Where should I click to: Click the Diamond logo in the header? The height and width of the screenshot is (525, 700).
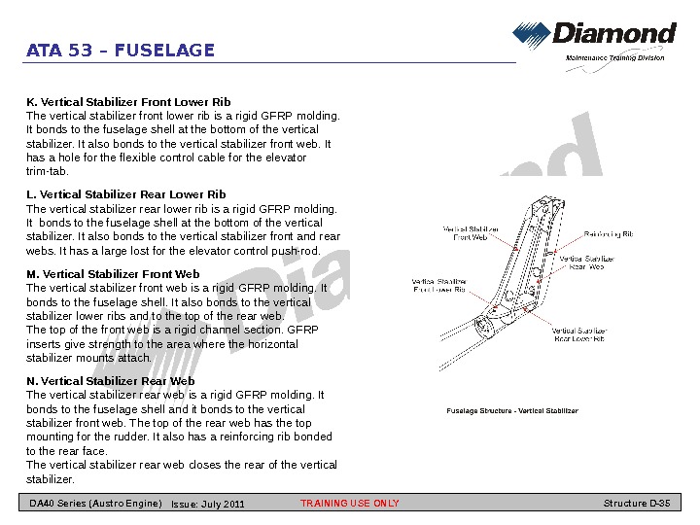pos(594,36)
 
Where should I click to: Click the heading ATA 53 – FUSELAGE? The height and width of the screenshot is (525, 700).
pos(121,51)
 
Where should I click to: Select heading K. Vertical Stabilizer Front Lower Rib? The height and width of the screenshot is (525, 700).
pos(128,101)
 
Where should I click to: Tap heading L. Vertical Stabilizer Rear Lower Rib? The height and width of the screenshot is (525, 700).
pos(126,194)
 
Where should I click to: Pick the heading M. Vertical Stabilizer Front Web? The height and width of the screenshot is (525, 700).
pos(113,274)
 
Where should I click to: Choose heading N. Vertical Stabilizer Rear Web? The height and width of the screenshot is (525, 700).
pos(111,381)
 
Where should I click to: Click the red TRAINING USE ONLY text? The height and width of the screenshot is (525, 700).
pos(350,504)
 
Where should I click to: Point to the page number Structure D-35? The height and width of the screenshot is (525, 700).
pos(637,504)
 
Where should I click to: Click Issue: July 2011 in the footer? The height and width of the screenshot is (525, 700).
pos(208,504)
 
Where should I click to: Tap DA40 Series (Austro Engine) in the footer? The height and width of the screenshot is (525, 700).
pos(95,504)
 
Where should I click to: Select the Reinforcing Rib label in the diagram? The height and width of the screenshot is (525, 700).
pos(609,234)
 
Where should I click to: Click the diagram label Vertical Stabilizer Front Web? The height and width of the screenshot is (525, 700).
pos(471,233)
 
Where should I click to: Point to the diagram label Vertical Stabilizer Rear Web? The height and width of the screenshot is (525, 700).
pos(586,262)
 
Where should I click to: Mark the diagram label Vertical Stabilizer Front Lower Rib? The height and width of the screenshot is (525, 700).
pos(439,286)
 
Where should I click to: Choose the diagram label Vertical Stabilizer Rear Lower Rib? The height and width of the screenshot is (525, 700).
pos(579,334)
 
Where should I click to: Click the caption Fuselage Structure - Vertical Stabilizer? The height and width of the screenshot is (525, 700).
pos(512,410)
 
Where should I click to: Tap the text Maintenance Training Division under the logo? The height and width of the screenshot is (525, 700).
pos(615,58)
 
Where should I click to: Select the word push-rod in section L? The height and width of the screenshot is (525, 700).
pos(296,251)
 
